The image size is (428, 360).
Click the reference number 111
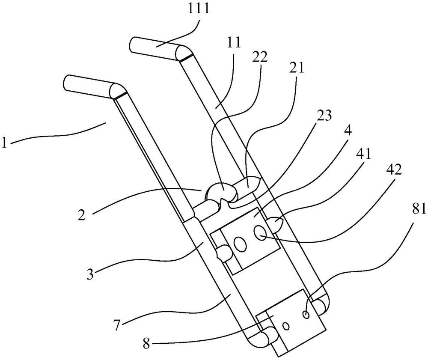(x=199, y=9)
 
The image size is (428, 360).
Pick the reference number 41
(x=363, y=154)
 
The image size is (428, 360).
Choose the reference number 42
(x=393, y=171)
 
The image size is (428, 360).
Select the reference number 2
(x=81, y=215)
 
